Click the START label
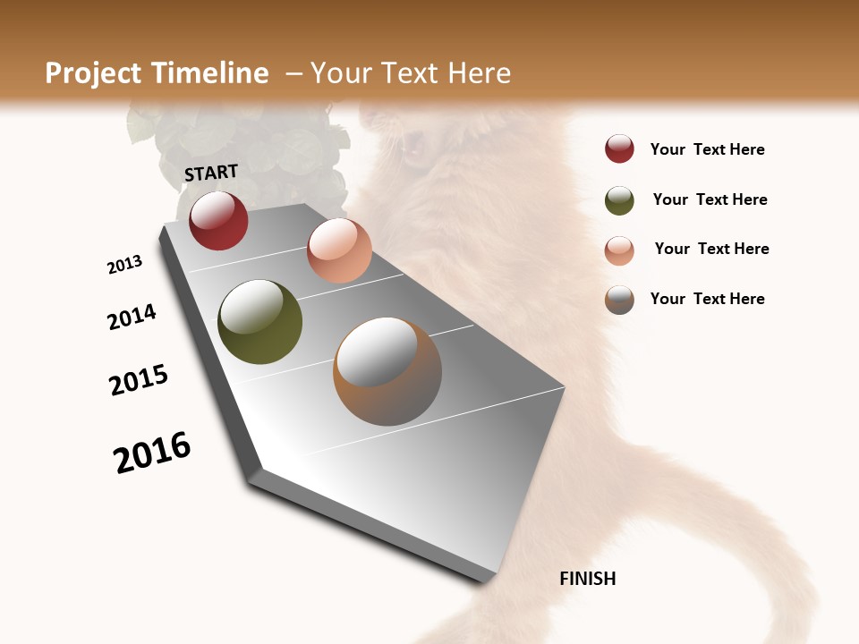pos(211,173)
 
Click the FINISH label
pos(588,579)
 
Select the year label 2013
pos(124,264)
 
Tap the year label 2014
pos(132,317)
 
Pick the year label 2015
pos(139,380)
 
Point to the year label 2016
pos(152,453)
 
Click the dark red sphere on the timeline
pos(218,220)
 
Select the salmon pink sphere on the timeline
pos(339,250)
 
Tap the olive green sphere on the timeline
pos(259,322)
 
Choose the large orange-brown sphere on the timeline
pos(387,370)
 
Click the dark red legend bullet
pos(619,148)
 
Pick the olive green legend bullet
pos(619,200)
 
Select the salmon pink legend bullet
pos(619,250)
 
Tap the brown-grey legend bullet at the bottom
pos(619,300)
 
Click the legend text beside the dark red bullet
pos(707,149)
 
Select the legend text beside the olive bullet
pos(710,199)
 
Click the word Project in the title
pos(93,73)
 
